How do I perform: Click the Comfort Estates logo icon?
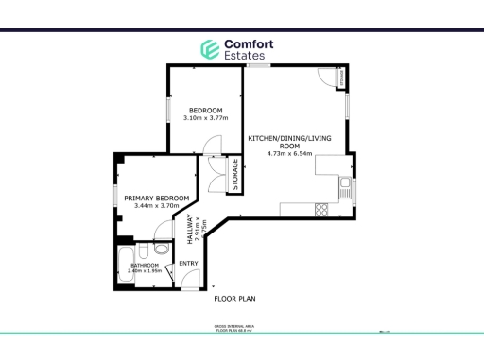(x=208, y=49)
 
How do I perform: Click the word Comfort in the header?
(x=248, y=43)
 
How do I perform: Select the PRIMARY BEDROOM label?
(x=157, y=198)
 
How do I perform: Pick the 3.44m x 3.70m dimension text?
(x=157, y=206)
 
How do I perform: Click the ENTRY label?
(x=188, y=263)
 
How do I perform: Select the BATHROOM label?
(x=145, y=266)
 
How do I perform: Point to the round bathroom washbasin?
(x=162, y=249)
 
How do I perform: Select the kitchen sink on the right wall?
(x=347, y=186)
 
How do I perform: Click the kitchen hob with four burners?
(x=320, y=208)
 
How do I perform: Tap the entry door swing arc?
(x=188, y=276)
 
